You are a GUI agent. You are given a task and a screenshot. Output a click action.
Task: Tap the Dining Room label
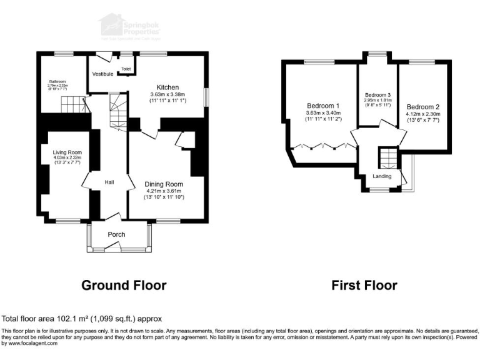(x=164, y=184)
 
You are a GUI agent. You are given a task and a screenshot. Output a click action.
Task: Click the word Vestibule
(x=102, y=74)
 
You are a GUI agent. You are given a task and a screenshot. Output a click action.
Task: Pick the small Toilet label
(x=126, y=69)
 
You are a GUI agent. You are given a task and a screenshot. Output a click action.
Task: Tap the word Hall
(x=109, y=182)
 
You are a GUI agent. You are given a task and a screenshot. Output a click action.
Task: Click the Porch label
(x=116, y=235)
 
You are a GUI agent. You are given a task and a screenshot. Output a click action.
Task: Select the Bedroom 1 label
(x=323, y=106)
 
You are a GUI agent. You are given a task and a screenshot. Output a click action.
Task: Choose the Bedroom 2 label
(x=423, y=107)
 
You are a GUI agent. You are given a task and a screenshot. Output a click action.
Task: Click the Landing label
(x=382, y=176)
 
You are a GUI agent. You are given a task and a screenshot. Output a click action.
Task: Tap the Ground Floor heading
(x=124, y=286)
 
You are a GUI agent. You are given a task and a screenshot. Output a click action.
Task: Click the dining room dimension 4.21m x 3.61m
(x=164, y=191)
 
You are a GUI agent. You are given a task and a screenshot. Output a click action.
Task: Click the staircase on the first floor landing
(x=387, y=157)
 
